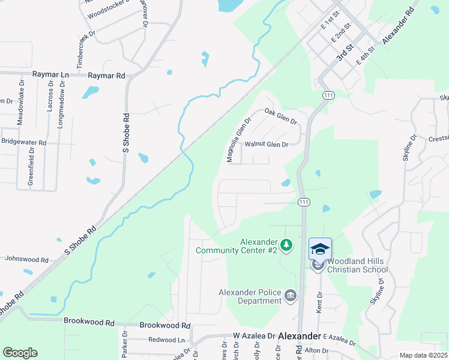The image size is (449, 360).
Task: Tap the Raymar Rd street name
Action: pos(106,76)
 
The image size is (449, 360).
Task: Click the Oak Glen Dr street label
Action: pos(281,115)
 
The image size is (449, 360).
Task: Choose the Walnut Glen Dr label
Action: pos(267,145)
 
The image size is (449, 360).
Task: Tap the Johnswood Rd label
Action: pos(26,260)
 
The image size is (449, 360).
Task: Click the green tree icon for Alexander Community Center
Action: pos(287,245)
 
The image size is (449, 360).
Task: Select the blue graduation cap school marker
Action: pos(320,248)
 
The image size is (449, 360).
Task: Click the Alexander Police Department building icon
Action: pos(291,295)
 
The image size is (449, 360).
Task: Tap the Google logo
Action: pos(20,353)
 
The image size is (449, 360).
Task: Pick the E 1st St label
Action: pos(330,20)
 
